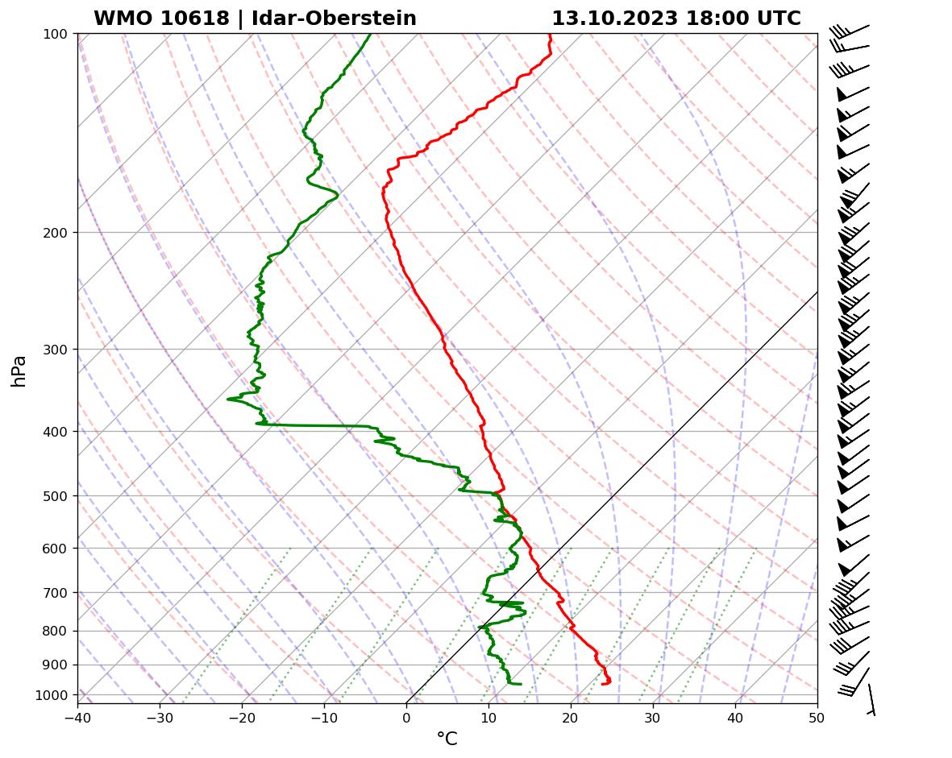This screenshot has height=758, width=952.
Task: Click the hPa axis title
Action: [x=19, y=371]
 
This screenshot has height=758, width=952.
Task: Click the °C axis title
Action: [x=447, y=739]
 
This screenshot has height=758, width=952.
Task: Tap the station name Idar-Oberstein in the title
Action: [x=334, y=19]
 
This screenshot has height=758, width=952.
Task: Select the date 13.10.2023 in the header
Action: [x=614, y=19]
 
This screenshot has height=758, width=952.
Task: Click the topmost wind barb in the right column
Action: [x=850, y=31]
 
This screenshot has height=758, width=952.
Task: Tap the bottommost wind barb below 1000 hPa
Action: [x=871, y=700]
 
